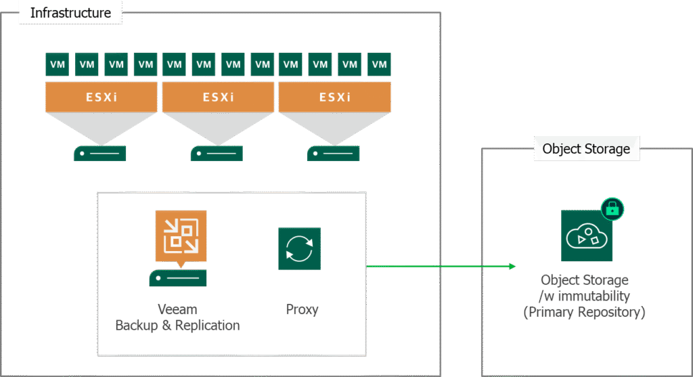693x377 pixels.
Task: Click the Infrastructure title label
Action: tap(70, 12)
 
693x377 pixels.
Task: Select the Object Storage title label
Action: tap(586, 149)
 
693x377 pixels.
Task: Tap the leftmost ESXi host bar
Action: tap(101, 97)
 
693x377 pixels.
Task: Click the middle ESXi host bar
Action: tap(218, 97)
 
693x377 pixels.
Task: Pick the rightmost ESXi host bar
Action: tap(335, 97)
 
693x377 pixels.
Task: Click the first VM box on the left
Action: tap(57, 64)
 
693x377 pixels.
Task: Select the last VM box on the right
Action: tap(379, 64)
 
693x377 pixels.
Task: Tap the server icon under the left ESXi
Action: tap(100, 153)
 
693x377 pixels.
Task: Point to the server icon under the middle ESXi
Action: tap(217, 153)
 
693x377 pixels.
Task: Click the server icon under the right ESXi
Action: tap(334, 153)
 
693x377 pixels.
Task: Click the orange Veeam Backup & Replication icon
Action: tap(181, 236)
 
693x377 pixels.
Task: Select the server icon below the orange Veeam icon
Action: tap(178, 278)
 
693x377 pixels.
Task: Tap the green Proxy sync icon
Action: tap(299, 249)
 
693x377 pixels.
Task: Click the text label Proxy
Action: tap(302, 310)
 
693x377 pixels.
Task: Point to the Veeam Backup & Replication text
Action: tap(177, 317)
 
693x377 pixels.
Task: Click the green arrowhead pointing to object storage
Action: tap(511, 266)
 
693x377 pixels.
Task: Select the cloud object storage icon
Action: tap(585, 236)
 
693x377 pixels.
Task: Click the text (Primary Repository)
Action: tap(585, 312)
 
